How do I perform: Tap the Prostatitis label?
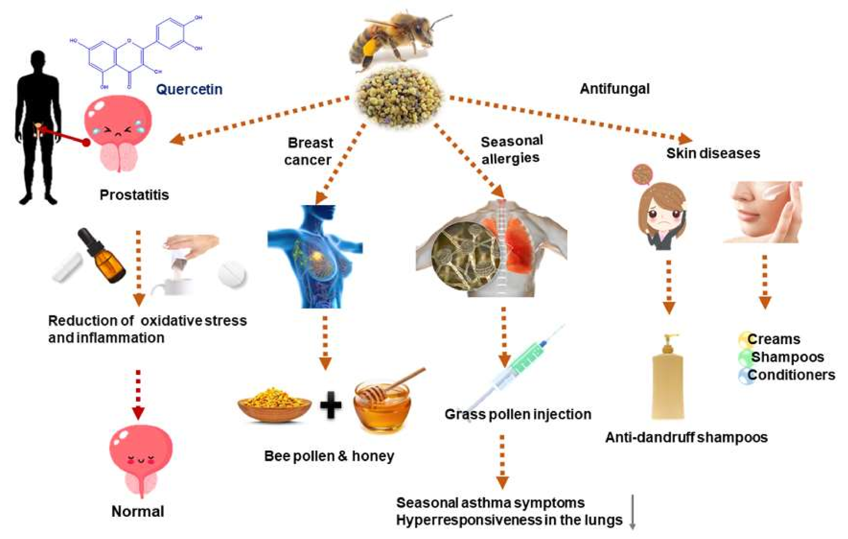(x=134, y=195)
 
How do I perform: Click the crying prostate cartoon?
(x=118, y=132)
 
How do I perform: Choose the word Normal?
(x=138, y=511)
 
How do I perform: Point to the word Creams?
(x=774, y=339)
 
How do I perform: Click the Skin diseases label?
(x=713, y=153)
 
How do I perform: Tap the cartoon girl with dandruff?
(x=662, y=215)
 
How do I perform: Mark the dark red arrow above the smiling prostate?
(x=138, y=395)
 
